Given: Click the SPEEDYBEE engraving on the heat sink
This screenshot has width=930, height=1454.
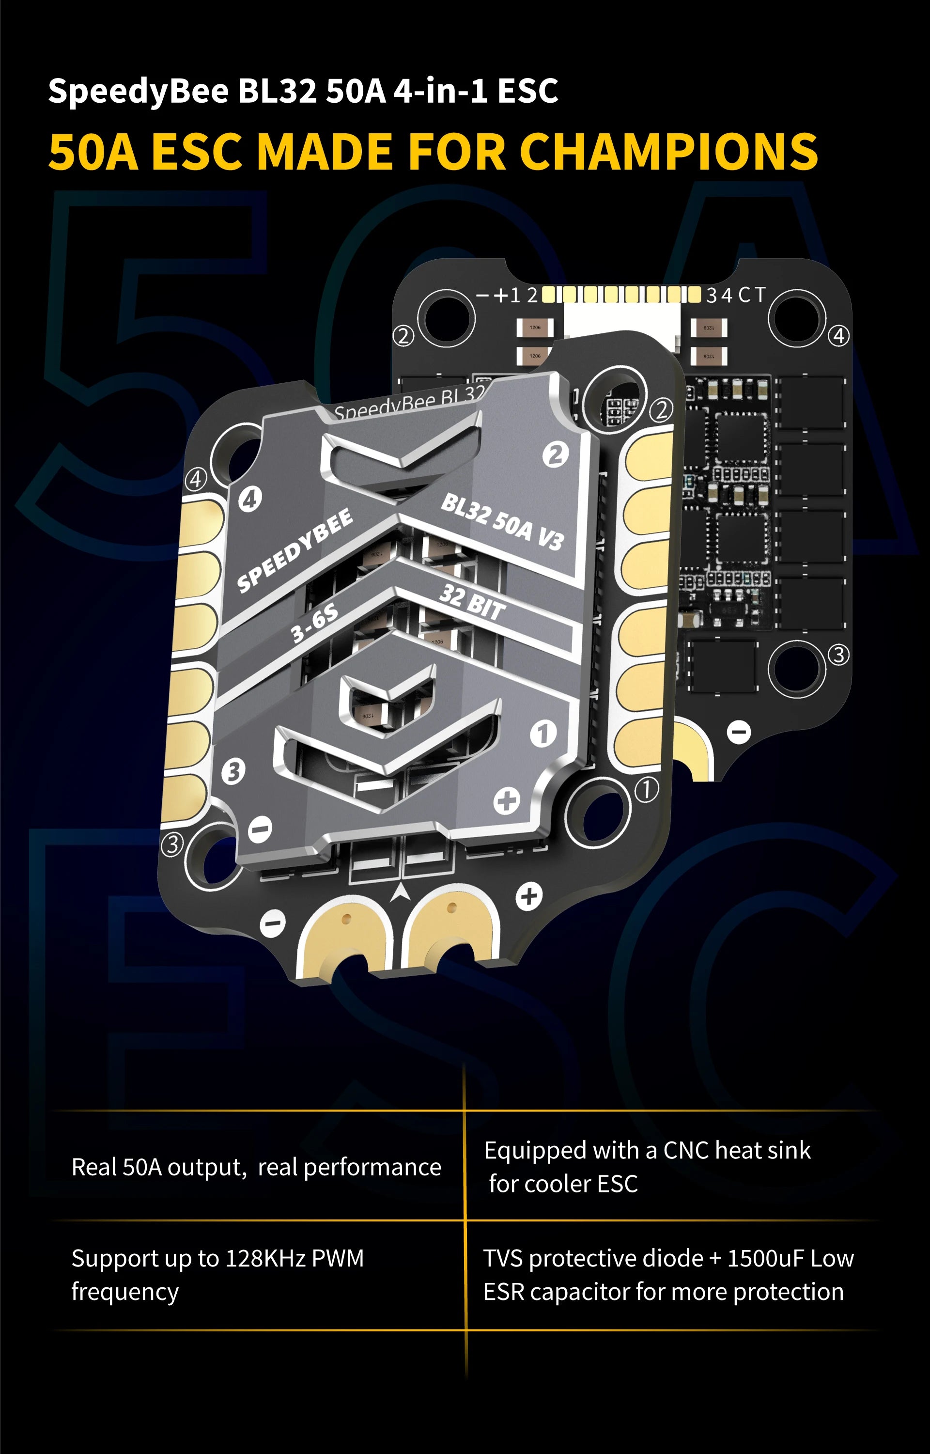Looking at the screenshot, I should pos(294,550).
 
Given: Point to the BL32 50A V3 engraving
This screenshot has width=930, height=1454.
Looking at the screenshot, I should pos(502,521).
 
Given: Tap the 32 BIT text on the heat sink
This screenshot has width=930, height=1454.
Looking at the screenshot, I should pos(472,602).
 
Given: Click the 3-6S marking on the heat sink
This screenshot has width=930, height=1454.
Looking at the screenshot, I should pos(315,623).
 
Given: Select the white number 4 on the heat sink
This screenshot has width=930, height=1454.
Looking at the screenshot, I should pos(249,500).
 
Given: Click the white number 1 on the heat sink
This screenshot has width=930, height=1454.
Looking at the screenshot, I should pos(542,734).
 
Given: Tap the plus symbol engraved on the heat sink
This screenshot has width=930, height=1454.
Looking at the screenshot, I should pos(506,801).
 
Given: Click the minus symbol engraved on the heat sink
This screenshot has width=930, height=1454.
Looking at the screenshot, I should pos(260,829).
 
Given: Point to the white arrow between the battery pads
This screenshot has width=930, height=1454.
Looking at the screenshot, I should pos(399,892).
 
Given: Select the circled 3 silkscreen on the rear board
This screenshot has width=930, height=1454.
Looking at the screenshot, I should pos(838,654).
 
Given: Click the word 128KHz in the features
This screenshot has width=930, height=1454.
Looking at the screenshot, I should pos(264,1258).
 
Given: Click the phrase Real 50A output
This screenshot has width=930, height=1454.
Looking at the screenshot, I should pos(159,1167).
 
